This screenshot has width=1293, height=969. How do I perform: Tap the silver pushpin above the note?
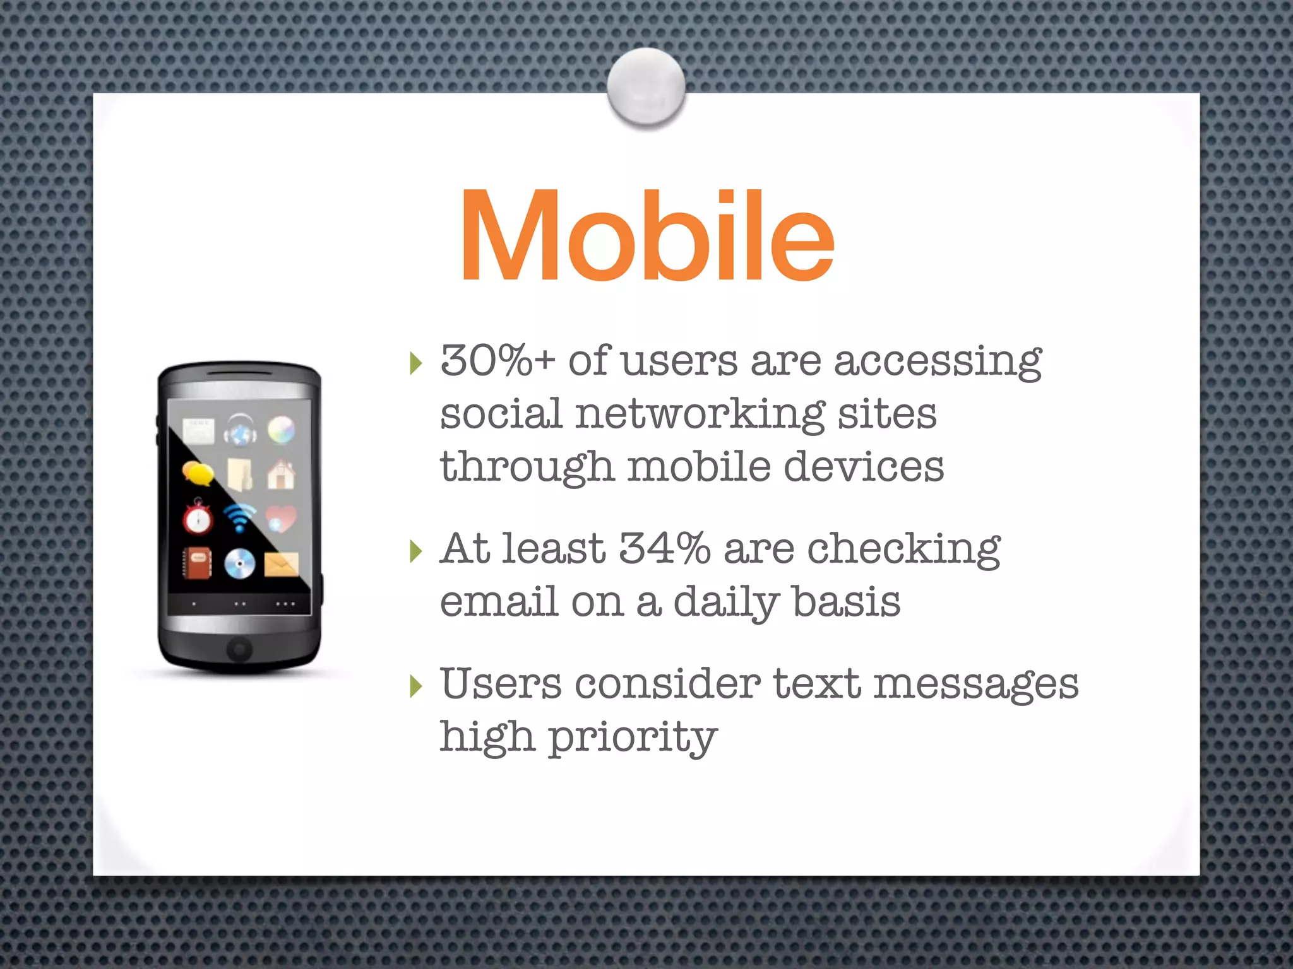click(x=646, y=87)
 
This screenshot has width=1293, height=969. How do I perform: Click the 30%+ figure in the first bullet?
click(x=497, y=361)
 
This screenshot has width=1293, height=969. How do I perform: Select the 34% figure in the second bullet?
click(x=664, y=548)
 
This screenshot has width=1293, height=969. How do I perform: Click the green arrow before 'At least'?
click(x=415, y=551)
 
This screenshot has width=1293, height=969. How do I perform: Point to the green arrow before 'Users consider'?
click(x=415, y=686)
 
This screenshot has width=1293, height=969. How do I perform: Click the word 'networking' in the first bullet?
click(x=700, y=415)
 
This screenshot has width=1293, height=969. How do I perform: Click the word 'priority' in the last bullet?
click(x=633, y=737)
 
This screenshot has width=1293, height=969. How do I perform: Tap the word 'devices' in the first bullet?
click(x=864, y=467)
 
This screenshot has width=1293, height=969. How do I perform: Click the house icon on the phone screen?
click(x=280, y=474)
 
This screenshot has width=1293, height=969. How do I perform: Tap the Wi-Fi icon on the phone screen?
click(x=240, y=517)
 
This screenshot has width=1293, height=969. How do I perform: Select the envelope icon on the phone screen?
click(x=282, y=563)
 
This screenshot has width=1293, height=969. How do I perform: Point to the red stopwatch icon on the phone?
click(x=198, y=517)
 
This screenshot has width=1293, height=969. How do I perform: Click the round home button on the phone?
click(x=239, y=648)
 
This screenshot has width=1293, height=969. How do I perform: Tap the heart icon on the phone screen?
click(x=281, y=519)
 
